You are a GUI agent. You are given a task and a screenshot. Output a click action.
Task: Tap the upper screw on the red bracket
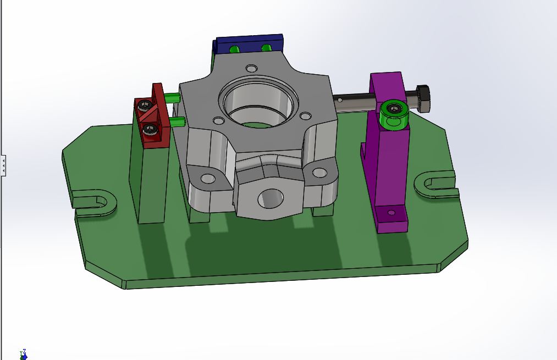pyautogui.click(x=145, y=105)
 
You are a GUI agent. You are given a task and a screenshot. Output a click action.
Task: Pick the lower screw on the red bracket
pyautogui.click(x=150, y=130)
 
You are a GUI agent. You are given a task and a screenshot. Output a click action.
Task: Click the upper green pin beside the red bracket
pyautogui.click(x=173, y=98)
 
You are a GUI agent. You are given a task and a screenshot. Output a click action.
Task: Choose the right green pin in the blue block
pyautogui.click(x=267, y=48)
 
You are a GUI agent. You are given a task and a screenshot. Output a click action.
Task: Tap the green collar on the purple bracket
pyautogui.click(x=394, y=112)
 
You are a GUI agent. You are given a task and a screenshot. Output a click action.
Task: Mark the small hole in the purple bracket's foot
pyautogui.click(x=391, y=213)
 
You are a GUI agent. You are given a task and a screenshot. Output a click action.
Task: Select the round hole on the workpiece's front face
pyautogui.click(x=271, y=198)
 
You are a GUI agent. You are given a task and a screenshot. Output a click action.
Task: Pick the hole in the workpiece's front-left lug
pyautogui.click(x=208, y=179)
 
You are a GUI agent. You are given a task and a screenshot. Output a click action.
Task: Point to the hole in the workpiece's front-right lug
pyautogui.click(x=319, y=173)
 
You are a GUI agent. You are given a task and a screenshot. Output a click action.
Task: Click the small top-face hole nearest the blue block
pyautogui.click(x=251, y=69)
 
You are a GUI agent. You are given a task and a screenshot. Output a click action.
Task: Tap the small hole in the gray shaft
pyautogui.click(x=340, y=100)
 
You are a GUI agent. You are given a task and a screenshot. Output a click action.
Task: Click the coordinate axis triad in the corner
pyautogui.click(x=23, y=355)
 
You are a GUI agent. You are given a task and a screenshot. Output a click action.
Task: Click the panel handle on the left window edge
pyautogui.click(x=3, y=164)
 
